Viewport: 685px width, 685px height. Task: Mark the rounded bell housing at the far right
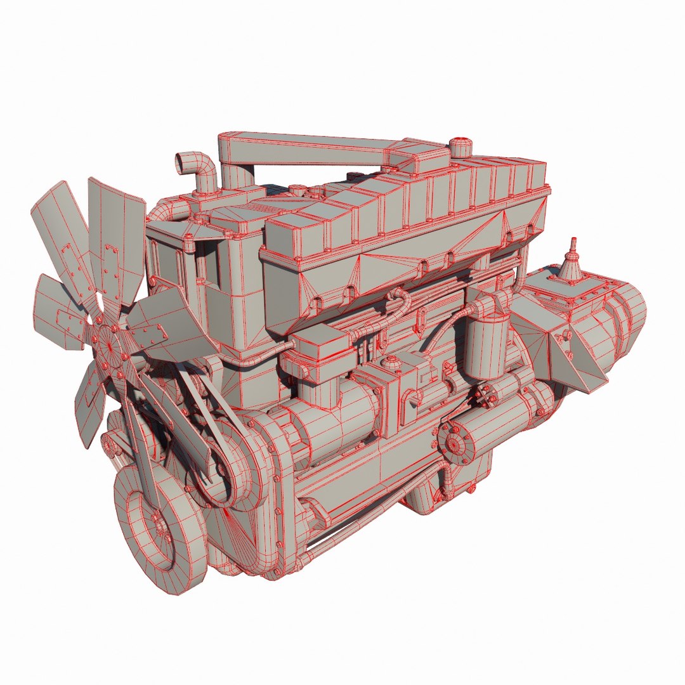pos(625,330)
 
